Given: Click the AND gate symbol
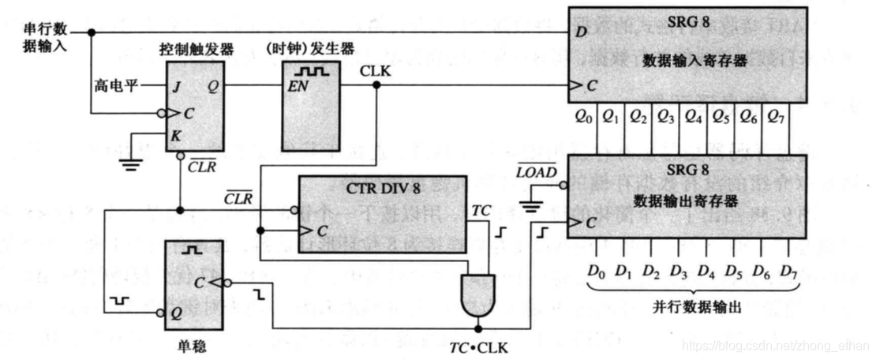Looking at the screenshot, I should pos(477,292).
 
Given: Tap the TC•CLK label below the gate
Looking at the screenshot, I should pos(479,347).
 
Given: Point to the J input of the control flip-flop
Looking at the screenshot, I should pos(176,88).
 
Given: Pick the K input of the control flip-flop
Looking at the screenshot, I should pos(175,136).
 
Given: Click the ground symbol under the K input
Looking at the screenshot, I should pos(130,162).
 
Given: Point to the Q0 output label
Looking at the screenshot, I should pos(584,118).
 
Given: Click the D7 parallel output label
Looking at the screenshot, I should pos(788,272).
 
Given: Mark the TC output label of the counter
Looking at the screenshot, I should pos(481,211).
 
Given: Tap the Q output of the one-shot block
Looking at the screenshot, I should pos(176,312).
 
